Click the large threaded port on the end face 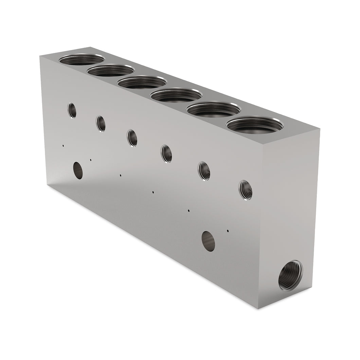290,275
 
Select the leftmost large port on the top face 82,59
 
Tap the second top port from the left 111,70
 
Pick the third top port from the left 142,82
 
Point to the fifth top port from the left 214,109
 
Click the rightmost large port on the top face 255,125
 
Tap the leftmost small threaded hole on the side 72,110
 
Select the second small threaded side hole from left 101,124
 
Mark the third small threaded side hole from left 132,138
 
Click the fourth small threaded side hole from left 166,154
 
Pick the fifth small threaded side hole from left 204,171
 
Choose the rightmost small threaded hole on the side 245,190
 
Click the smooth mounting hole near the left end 78,170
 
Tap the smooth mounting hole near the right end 208,241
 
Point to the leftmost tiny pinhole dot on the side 63,146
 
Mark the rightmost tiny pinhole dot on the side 228,231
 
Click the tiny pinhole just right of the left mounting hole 91,160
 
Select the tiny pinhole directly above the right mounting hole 188,211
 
